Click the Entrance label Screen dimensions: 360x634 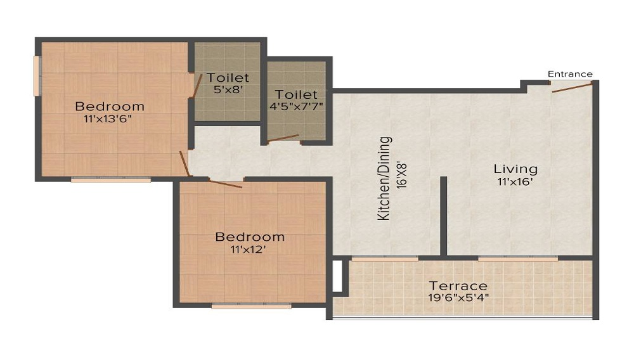tap(570, 74)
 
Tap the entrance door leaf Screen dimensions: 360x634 tap(572, 87)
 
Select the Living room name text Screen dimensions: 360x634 tap(515, 169)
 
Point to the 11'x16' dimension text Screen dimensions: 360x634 tap(515, 182)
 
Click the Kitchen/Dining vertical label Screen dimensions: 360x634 tap(384, 178)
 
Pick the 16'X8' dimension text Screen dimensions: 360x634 tap(400, 171)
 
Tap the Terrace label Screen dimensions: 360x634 tap(458, 286)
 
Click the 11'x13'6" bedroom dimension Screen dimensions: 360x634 tap(111, 118)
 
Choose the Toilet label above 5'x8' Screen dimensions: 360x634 tap(228, 78)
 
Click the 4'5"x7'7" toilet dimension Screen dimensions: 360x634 tap(296, 106)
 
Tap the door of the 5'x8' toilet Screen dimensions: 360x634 tap(195, 86)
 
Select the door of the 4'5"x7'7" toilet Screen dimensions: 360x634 tap(283, 138)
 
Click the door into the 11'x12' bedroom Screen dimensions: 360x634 tap(226, 184)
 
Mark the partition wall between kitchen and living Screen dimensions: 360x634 tap(444, 215)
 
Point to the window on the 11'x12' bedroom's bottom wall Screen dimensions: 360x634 tap(251, 305)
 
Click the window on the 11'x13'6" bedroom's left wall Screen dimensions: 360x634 tap(37, 76)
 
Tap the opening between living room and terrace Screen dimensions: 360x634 tap(518, 258)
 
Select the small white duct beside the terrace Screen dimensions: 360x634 tap(337, 276)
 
